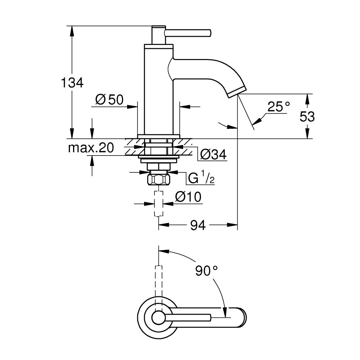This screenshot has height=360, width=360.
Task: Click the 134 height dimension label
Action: click(72, 83)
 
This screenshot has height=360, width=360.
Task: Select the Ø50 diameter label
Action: click(109, 100)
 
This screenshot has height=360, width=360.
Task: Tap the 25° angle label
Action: click(279, 107)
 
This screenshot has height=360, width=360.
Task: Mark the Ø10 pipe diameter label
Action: click(188, 197)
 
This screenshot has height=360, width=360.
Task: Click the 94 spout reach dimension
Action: click(198, 225)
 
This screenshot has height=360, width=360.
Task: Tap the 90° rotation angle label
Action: click(207, 270)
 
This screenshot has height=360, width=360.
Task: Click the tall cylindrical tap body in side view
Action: click(158, 90)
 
